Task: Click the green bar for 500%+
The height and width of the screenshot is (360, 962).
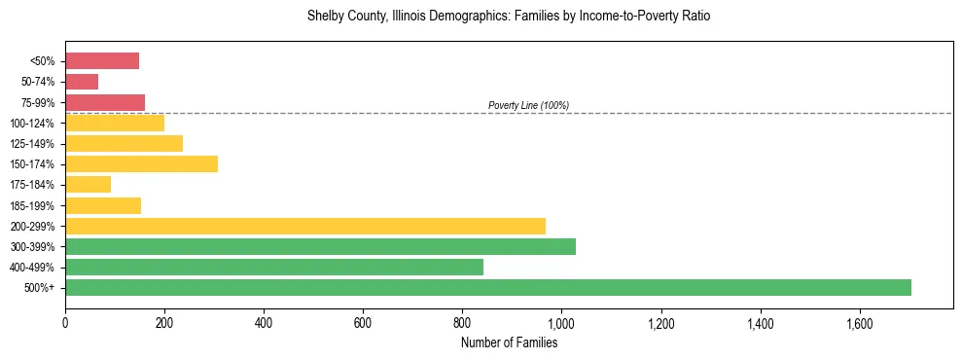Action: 487,287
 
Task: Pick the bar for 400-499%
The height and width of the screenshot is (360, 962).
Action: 273,267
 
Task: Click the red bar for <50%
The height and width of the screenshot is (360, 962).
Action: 102,61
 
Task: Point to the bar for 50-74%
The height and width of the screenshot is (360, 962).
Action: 82,82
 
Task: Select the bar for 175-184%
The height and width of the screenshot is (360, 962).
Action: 88,184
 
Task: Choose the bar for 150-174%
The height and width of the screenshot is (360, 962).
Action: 141,163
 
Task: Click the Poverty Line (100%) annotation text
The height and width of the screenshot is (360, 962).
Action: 528,105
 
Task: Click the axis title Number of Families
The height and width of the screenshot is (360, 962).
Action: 509,342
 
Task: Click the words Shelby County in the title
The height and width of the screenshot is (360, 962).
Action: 342,17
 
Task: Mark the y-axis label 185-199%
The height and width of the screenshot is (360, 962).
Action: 34,205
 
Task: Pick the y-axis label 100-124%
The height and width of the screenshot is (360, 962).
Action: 34,124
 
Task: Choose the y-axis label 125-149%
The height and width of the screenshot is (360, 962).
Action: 34,144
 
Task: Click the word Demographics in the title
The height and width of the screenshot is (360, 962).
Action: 458,17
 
